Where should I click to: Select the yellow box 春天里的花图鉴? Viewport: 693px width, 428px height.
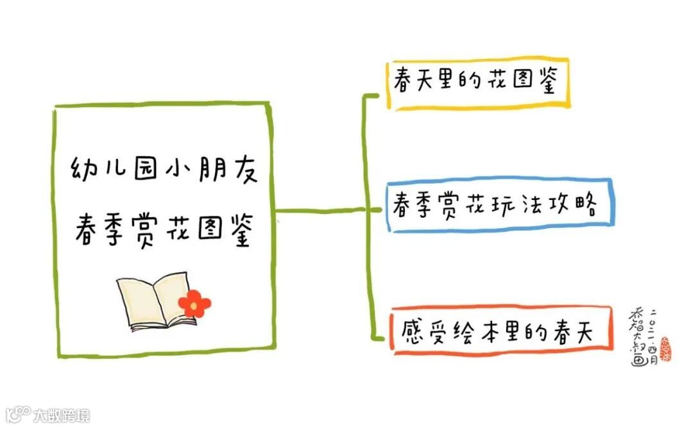478,85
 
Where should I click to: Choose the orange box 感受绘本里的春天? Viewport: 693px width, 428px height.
497,329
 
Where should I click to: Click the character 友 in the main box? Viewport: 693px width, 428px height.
243,170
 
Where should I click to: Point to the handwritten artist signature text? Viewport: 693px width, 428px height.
642,336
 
